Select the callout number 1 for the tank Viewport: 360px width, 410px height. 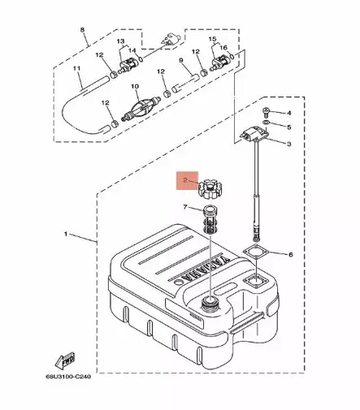pos(65,235)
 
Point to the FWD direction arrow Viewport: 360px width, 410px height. pos(65,358)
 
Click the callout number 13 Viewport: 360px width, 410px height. pos(119,41)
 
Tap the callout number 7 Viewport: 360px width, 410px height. pos(186,209)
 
